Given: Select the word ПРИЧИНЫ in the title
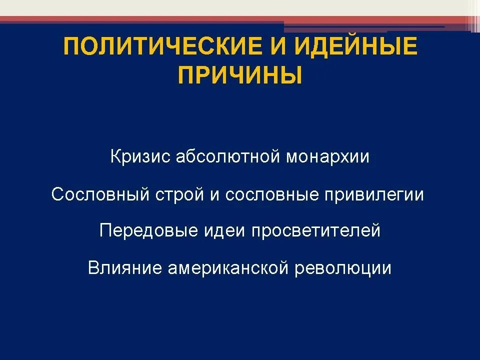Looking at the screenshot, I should (240, 76).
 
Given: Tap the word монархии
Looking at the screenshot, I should (327, 157).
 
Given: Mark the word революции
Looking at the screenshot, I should (343, 268).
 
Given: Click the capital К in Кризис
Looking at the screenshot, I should (115, 157).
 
